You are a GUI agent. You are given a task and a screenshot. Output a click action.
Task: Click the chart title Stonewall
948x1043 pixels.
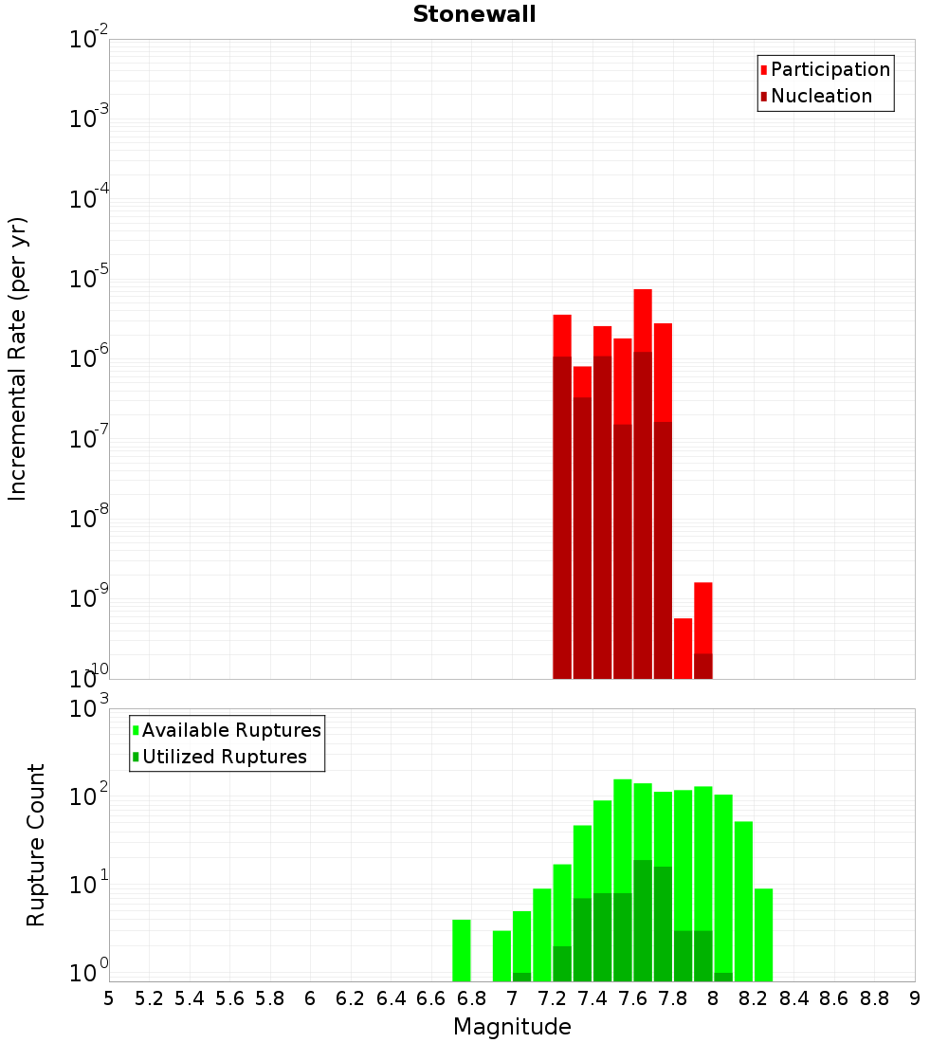click(474, 14)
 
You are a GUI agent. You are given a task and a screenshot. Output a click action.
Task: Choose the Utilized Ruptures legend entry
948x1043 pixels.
click(224, 757)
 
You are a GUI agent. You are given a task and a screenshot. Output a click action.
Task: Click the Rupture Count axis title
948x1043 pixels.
click(36, 845)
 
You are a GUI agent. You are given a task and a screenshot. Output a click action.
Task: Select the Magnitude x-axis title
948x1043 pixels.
click(512, 1027)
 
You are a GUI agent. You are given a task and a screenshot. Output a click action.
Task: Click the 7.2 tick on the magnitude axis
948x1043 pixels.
click(552, 998)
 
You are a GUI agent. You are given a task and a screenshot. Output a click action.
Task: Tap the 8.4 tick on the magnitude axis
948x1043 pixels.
click(794, 998)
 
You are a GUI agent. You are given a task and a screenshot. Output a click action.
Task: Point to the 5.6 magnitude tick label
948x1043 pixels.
click(229, 998)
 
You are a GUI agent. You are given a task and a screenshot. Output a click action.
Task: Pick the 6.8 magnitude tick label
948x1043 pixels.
click(471, 998)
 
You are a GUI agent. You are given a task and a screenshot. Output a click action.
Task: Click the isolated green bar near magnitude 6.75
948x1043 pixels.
click(462, 950)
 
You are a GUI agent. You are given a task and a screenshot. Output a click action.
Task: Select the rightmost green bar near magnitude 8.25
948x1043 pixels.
click(764, 934)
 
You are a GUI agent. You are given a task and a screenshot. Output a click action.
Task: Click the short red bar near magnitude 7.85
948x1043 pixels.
click(684, 649)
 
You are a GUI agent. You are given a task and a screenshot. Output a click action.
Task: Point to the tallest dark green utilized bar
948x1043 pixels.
click(643, 920)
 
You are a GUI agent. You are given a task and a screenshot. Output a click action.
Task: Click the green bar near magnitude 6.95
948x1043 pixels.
click(501, 956)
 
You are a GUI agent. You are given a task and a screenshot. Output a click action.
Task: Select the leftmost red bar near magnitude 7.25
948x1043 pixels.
click(562, 336)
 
